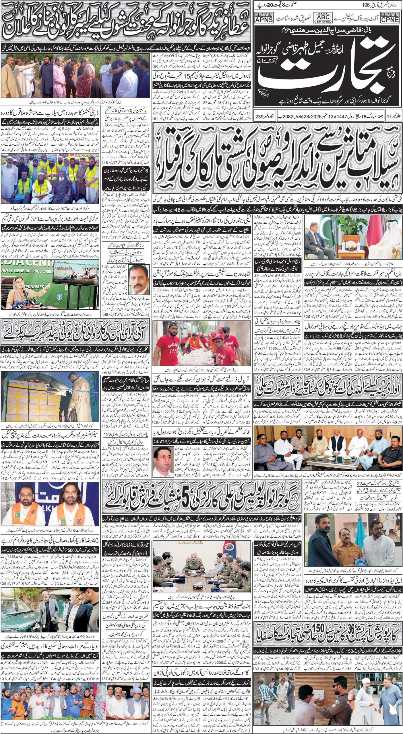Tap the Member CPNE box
(391, 17)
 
